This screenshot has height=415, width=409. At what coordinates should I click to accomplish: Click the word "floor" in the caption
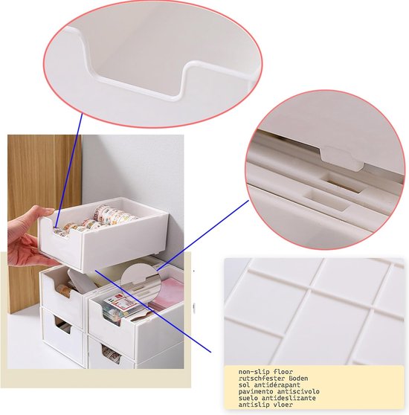pos(283,372)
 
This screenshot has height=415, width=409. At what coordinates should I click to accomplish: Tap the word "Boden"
pos(298,379)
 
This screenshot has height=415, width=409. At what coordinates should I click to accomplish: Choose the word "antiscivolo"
pos(298,391)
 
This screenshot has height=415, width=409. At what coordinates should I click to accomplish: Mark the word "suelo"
pos(248,398)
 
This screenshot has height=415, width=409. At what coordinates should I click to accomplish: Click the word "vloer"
pos(283,405)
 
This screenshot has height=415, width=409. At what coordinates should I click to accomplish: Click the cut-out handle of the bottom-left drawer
pos(63,325)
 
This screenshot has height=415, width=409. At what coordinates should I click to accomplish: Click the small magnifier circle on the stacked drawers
pos(141,280)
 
